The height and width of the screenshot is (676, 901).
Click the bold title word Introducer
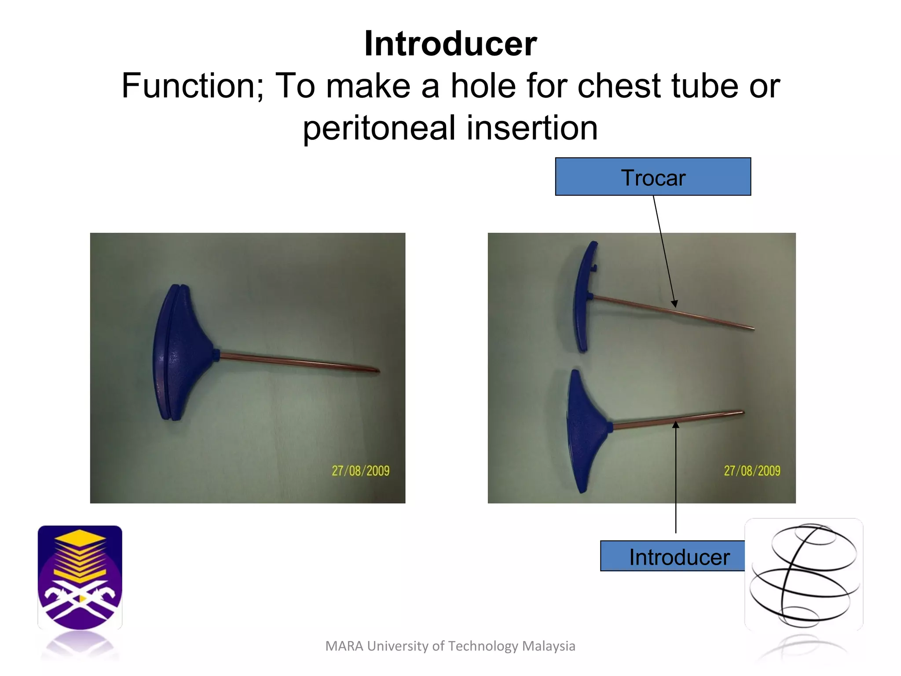coord(450,44)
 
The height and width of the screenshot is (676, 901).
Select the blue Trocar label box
coord(653,176)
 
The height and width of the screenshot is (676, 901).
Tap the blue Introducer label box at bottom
coord(673,556)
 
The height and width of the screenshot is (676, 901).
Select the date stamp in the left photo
coord(361,471)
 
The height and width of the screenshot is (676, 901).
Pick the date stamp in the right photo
coord(752,471)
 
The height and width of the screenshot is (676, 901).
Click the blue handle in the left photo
coord(180,352)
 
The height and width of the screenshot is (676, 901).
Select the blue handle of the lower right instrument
coord(585,429)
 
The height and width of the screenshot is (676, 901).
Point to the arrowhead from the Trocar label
coord(675,304)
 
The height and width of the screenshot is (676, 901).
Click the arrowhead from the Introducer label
coord(676,424)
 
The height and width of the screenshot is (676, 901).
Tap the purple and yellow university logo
coord(80,577)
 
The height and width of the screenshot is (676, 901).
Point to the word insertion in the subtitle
coord(532,128)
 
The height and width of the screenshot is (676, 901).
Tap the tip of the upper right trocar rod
coord(754,328)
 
